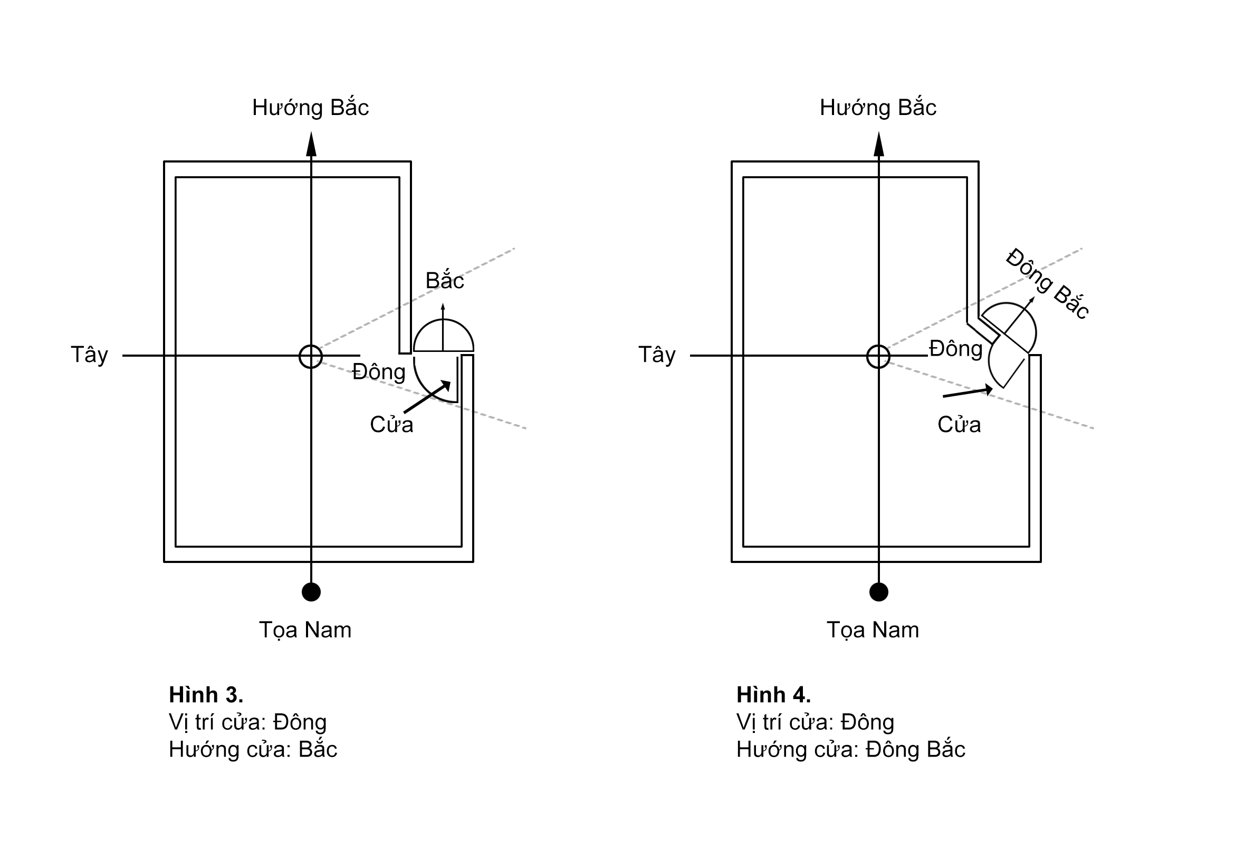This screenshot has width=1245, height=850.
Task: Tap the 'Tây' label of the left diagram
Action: tap(90, 355)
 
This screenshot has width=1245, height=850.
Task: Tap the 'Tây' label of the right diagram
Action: tap(657, 355)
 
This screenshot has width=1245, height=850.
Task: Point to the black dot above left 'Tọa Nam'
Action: tap(311, 591)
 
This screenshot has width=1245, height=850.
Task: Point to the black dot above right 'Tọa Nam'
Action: tap(878, 591)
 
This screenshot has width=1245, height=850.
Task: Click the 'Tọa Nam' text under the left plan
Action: tap(305, 631)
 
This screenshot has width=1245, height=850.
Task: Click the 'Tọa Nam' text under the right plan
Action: tap(873, 631)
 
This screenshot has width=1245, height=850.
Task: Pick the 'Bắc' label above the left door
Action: tap(445, 280)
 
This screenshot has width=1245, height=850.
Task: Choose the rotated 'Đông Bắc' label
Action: tap(1047, 284)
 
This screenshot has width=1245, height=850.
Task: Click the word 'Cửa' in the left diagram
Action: tap(391, 424)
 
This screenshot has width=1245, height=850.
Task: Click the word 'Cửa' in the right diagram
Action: tap(959, 424)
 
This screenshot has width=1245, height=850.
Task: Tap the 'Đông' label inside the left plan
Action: tap(379, 371)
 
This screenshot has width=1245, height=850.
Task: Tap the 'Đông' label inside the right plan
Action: tap(956, 348)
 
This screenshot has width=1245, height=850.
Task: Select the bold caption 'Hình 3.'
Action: tap(206, 694)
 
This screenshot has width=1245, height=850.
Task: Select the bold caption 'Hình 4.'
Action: tap(773, 694)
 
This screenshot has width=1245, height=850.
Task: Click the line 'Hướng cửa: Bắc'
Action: tap(253, 749)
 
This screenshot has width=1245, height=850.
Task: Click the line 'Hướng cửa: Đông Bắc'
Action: tap(851, 749)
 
